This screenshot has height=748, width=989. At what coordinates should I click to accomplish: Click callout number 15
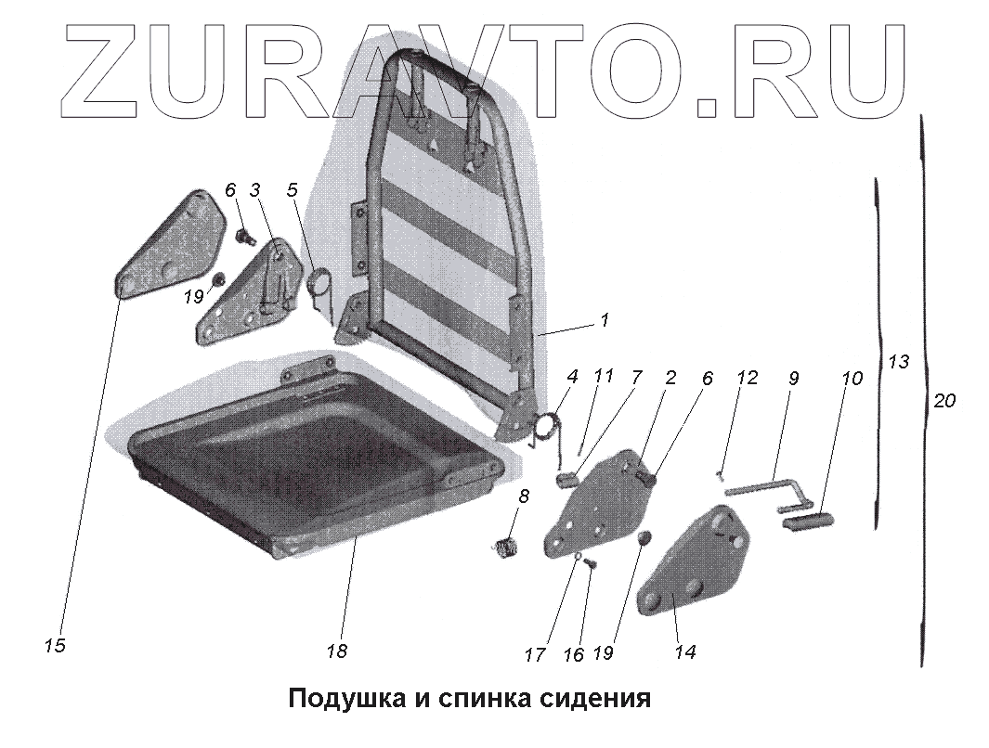(x=55, y=645)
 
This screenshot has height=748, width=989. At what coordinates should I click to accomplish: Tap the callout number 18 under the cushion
(x=336, y=651)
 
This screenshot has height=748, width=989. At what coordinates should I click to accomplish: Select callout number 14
(x=684, y=651)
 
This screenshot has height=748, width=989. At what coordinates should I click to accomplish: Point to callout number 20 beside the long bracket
(x=945, y=401)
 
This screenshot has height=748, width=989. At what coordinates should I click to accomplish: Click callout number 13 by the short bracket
(x=898, y=362)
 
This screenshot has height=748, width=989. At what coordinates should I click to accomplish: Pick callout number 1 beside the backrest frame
(x=605, y=320)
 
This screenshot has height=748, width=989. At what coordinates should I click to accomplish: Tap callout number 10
(x=852, y=379)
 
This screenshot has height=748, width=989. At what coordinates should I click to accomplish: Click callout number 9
(x=794, y=379)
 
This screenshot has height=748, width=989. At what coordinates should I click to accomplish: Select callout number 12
(x=747, y=379)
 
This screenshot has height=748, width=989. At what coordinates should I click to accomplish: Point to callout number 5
(x=293, y=190)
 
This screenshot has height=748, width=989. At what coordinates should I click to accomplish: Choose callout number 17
(x=534, y=654)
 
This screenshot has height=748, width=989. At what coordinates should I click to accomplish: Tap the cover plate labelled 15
(x=172, y=246)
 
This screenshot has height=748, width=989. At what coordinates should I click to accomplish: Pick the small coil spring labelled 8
(x=504, y=548)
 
